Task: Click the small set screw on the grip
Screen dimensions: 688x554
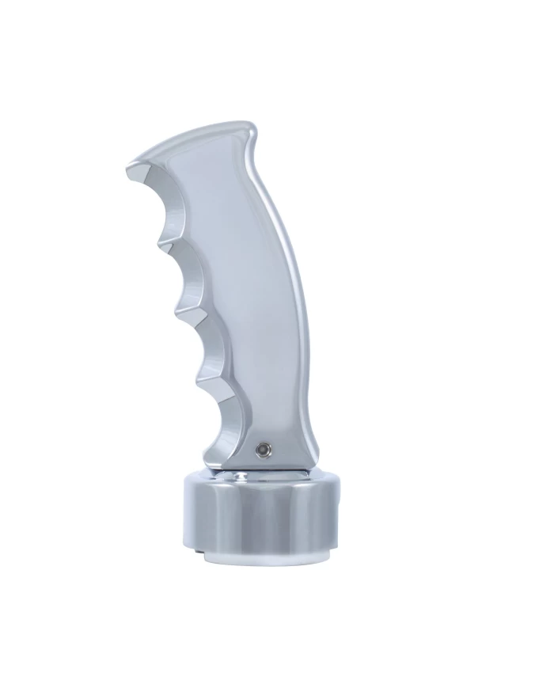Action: (x=260, y=449)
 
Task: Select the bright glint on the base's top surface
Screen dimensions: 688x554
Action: (x=237, y=476)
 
